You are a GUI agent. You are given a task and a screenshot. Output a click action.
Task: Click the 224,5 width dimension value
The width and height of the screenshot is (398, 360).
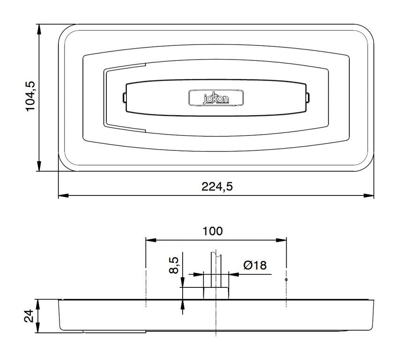217,187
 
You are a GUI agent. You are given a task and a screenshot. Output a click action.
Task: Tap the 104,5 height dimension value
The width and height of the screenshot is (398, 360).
30,96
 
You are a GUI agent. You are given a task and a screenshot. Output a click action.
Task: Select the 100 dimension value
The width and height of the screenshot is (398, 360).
213,231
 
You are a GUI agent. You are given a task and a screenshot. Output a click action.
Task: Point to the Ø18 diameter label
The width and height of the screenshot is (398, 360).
255,265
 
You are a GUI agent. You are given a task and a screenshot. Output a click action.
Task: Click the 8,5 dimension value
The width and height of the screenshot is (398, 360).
174,265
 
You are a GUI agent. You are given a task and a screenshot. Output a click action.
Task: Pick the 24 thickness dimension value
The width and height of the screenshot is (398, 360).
29,316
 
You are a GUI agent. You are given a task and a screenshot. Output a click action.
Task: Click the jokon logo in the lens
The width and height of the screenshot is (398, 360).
216,97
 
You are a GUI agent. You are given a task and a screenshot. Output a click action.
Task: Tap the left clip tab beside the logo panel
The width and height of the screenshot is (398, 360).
125,98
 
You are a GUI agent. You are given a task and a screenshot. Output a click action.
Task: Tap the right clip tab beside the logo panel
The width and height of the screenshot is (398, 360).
308,98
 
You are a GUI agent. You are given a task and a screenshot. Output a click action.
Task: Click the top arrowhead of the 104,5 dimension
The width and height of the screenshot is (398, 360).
39,30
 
